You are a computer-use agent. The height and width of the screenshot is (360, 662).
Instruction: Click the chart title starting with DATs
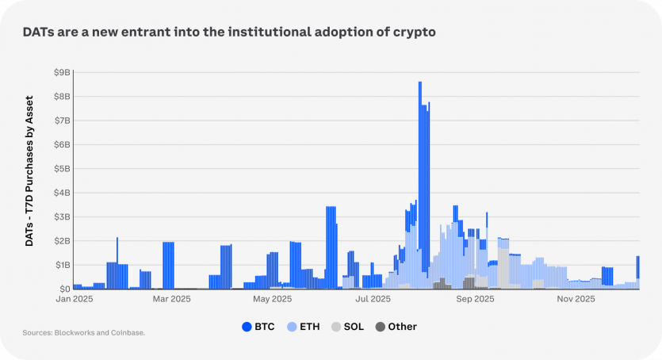point(228,33)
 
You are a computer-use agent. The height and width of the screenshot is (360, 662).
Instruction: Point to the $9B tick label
point(62,72)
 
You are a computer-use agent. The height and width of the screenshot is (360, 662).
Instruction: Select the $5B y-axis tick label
point(62,168)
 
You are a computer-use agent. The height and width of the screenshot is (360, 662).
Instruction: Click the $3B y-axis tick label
point(62,216)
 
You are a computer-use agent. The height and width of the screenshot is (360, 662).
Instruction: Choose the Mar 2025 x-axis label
point(171,300)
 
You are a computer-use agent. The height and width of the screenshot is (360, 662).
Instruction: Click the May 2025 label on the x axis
point(272,300)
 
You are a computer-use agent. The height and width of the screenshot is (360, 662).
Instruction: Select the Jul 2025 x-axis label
point(373,300)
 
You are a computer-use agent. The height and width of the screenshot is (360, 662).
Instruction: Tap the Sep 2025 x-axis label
point(475,300)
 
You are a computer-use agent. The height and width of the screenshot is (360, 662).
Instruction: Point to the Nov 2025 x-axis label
point(576,300)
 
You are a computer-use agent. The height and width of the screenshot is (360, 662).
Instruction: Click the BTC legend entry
point(258,327)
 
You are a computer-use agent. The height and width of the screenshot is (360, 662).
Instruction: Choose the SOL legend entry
point(347,327)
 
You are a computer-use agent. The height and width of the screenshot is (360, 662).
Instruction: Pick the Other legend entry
point(396,327)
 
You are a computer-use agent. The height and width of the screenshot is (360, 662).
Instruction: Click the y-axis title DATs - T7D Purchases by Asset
point(29,171)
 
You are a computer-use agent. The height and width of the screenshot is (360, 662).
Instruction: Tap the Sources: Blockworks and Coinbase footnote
point(84,333)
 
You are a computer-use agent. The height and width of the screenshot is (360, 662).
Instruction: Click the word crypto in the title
point(413,33)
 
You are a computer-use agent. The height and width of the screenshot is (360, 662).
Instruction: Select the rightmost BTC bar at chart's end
point(638,267)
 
